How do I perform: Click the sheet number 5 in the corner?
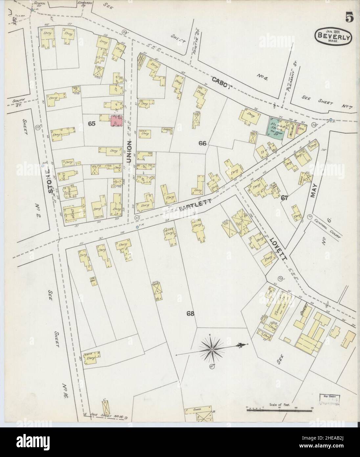tap(349, 17)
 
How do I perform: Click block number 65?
tap(92, 124)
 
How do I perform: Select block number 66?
tap(202, 143)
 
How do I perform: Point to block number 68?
tap(191, 313)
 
